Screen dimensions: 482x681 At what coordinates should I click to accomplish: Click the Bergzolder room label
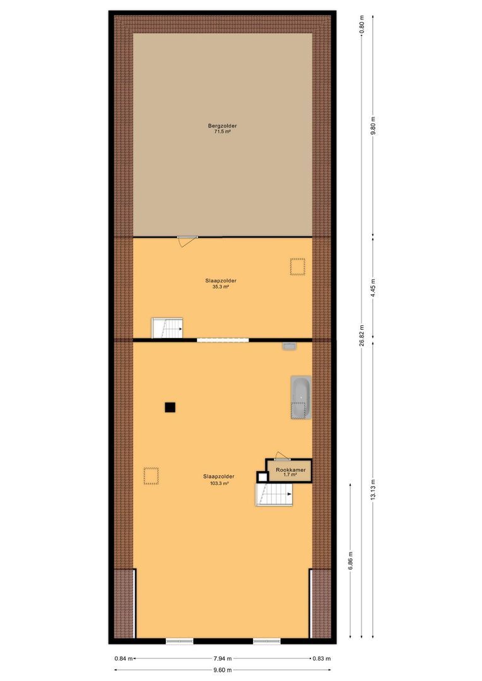click(x=222, y=126)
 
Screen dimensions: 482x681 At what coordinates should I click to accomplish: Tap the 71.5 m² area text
click(x=222, y=132)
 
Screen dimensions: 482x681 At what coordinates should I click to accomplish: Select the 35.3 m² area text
click(x=221, y=287)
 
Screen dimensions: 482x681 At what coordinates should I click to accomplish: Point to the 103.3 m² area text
click(x=219, y=482)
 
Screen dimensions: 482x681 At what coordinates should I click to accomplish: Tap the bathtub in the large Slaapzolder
click(x=301, y=397)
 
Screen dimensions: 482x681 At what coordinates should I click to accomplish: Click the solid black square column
click(x=170, y=407)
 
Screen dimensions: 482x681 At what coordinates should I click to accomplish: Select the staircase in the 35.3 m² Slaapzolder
click(x=167, y=328)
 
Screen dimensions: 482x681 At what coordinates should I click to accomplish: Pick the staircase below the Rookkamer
click(x=274, y=494)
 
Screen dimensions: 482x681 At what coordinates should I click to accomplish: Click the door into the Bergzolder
click(x=187, y=241)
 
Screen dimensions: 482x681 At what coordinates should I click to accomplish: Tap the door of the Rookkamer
click(x=282, y=456)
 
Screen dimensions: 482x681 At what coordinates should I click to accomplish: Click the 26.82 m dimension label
click(x=361, y=335)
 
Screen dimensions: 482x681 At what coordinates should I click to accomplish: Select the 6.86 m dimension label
click(x=351, y=561)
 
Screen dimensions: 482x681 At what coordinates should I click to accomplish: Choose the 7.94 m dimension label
click(x=223, y=658)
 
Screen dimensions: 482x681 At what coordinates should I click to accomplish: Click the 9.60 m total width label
click(x=223, y=670)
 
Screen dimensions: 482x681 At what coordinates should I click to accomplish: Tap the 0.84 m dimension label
click(x=124, y=658)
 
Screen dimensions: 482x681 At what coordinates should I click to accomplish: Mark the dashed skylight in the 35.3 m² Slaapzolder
click(x=298, y=267)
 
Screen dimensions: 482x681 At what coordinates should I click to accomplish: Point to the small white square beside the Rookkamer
click(x=262, y=477)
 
